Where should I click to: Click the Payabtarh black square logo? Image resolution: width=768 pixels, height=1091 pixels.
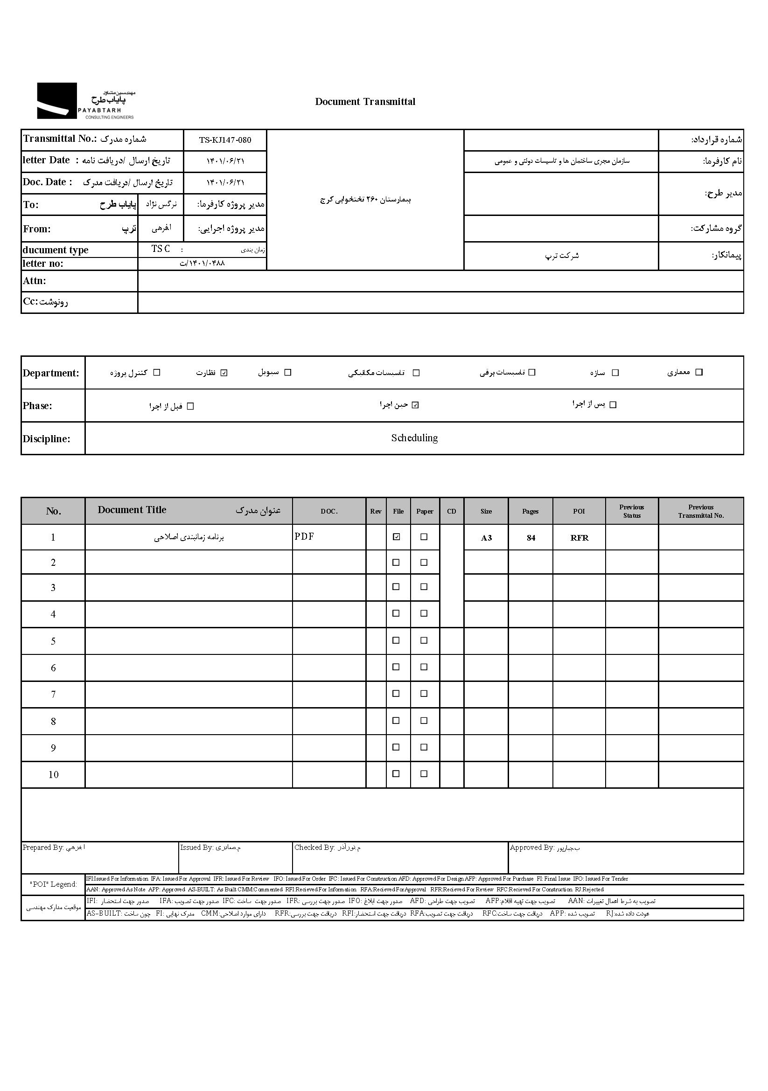click(x=57, y=101)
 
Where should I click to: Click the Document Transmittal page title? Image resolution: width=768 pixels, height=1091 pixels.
click(x=365, y=102)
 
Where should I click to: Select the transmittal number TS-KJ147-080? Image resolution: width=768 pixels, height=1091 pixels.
click(x=225, y=140)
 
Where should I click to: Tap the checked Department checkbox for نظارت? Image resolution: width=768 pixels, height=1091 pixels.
click(x=224, y=373)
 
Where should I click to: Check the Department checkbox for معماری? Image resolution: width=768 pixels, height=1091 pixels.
click(x=698, y=372)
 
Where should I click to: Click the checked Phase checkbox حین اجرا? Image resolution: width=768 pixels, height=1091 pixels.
click(x=415, y=405)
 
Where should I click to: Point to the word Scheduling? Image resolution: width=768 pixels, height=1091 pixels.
click(x=414, y=438)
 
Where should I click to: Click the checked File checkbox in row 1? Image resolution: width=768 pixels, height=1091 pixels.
click(x=396, y=537)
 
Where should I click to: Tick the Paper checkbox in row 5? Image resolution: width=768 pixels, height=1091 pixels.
click(x=424, y=640)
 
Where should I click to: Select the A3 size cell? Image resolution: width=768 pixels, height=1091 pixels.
click(x=486, y=538)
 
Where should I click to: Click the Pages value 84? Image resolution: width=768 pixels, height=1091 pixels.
click(x=531, y=538)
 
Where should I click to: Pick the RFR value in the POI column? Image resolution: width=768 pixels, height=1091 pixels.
click(x=579, y=538)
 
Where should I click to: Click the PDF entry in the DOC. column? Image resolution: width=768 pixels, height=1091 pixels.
click(x=304, y=536)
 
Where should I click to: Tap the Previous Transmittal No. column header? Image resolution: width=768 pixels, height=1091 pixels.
click(x=701, y=511)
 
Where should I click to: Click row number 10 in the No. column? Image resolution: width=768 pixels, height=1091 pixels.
click(x=53, y=775)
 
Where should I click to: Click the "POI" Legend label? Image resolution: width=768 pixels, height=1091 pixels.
click(x=53, y=884)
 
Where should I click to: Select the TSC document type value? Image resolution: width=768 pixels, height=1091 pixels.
click(x=161, y=249)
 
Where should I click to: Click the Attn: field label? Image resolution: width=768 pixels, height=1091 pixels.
click(x=35, y=281)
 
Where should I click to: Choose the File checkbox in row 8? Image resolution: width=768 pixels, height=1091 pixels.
click(x=396, y=721)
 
